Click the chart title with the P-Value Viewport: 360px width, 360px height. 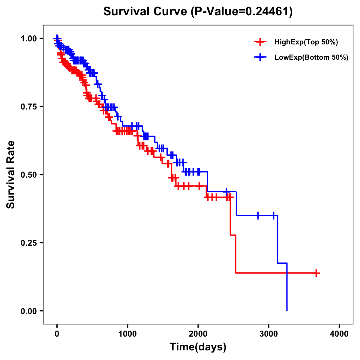pyautogui.click(x=198, y=12)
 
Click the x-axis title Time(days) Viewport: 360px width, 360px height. pyautogui.click(x=198, y=347)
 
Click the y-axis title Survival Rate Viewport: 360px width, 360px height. pyautogui.click(x=11, y=175)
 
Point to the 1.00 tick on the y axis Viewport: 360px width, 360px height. pyautogui.click(x=29, y=38)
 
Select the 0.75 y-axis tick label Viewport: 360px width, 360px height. pyautogui.click(x=29, y=106)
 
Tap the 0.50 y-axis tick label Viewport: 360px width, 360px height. pyautogui.click(x=29, y=175)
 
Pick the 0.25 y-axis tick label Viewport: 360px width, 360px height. pyautogui.click(x=29, y=243)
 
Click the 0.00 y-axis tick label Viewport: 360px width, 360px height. pyautogui.click(x=29, y=311)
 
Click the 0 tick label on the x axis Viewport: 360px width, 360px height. pyautogui.click(x=57, y=334)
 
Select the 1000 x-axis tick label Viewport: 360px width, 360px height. pyautogui.click(x=127, y=334)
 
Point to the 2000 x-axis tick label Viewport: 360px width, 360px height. pyautogui.click(x=198, y=334)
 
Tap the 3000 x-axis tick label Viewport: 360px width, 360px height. pyautogui.click(x=269, y=334)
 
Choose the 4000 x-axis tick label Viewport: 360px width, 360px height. pyautogui.click(x=339, y=334)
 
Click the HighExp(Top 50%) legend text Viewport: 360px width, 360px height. pyautogui.click(x=306, y=42)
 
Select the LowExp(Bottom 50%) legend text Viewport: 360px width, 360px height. pyautogui.click(x=311, y=57)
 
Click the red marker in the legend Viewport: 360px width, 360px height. pyautogui.click(x=260, y=42)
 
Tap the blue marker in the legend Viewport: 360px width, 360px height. pyautogui.click(x=260, y=57)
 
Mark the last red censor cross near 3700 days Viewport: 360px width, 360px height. pyautogui.click(x=316, y=273)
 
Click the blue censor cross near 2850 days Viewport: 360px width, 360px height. pyautogui.click(x=258, y=215)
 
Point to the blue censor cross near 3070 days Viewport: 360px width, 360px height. pyautogui.click(x=274, y=215)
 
